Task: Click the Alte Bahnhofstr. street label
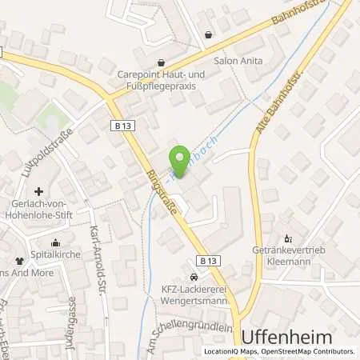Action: tap(268, 106)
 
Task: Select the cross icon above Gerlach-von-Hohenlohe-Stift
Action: tap(39, 191)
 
